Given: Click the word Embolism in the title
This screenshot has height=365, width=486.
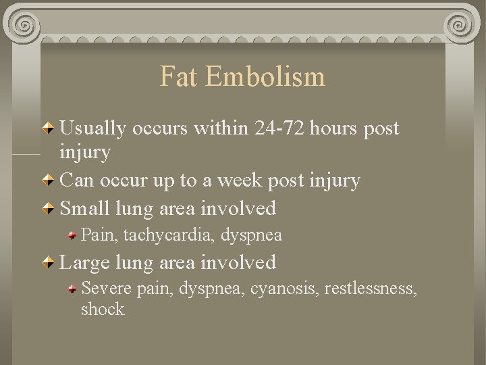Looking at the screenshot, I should (266, 77).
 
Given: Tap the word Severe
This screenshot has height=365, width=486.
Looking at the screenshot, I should (106, 289).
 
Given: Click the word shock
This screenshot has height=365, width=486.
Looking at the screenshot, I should (103, 310).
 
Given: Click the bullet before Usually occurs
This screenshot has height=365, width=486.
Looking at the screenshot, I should (50, 128).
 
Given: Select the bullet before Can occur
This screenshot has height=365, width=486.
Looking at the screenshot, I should (50, 181).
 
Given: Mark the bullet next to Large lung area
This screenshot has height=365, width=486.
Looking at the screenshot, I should (50, 262).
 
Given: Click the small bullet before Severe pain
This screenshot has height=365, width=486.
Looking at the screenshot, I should (72, 289).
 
